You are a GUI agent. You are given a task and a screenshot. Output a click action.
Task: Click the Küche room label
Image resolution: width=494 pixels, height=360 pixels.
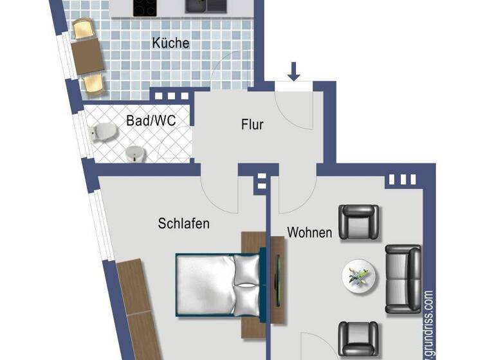(x=170, y=43)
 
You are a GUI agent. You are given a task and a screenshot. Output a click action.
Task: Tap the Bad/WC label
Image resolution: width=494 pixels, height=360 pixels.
(x=151, y=120)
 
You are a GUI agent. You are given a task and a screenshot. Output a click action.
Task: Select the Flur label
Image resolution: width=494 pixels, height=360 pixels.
(x=252, y=125)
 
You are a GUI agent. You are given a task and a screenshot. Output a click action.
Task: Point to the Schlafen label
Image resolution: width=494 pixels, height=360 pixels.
(x=184, y=224)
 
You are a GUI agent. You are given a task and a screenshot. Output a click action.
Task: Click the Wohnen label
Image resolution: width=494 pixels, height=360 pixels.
(x=309, y=232)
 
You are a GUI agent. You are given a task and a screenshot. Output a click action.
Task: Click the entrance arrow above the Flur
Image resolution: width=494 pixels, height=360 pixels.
(x=294, y=71)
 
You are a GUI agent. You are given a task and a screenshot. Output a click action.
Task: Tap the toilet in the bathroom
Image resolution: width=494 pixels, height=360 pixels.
(x=104, y=132)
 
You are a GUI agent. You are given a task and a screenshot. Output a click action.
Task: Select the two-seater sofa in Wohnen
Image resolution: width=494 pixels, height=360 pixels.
(x=403, y=278)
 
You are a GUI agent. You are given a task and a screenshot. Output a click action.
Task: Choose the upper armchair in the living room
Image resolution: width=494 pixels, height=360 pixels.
(x=358, y=222)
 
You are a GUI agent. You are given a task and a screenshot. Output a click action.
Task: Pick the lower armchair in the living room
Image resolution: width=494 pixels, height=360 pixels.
(x=358, y=339)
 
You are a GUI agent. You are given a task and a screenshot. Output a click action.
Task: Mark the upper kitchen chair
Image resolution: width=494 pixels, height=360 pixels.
(x=84, y=30)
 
